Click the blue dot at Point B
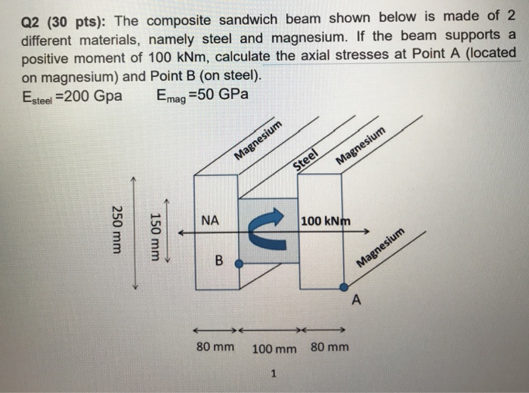pyautogui.click(x=239, y=264)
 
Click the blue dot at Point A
pyautogui.click(x=344, y=287)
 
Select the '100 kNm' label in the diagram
pyautogui.click(x=325, y=221)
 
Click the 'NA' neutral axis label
pyautogui.click(x=211, y=221)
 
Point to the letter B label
pyautogui.click(x=219, y=261)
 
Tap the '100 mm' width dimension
pyautogui.click(x=274, y=349)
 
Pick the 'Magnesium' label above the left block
pyautogui.click(x=258, y=141)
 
